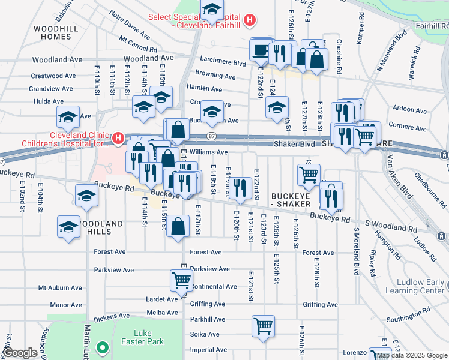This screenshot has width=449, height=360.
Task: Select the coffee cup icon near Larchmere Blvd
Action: [x=261, y=50]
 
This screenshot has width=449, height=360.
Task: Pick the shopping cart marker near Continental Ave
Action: [x=181, y=280]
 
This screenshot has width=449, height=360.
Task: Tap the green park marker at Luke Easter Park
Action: [x=103, y=347]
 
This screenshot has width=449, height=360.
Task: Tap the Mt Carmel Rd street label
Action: [x=138, y=43]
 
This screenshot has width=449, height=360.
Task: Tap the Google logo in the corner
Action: [x=21, y=353]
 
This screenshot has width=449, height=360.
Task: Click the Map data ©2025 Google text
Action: [x=411, y=355]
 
